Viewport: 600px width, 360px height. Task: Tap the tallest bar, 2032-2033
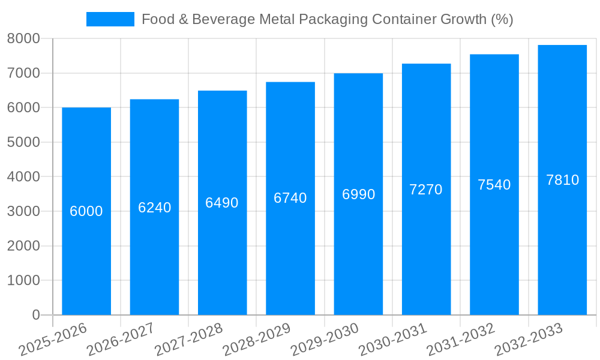562,252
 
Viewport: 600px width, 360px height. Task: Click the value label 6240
154,208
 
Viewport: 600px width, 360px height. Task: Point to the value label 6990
358,194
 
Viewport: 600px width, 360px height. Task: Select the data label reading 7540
494,185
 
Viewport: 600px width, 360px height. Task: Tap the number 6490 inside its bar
222,203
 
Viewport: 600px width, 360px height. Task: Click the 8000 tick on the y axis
23,38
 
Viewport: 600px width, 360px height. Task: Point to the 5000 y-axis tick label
23,142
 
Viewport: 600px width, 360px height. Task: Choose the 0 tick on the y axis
35,315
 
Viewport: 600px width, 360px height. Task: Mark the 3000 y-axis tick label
23,211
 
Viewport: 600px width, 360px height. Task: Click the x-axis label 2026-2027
121,340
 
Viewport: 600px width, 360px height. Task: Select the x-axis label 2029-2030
325,340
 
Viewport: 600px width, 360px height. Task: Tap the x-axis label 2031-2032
460,340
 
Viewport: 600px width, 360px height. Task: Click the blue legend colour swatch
110,19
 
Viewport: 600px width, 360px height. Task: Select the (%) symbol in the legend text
502,19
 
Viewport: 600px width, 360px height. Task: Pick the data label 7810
562,180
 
